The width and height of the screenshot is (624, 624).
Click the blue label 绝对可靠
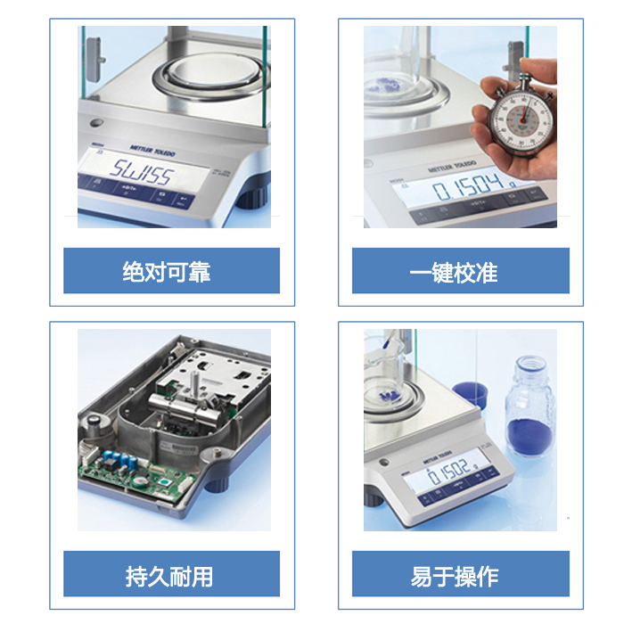coord(171,271)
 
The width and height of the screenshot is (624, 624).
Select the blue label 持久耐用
coord(171,574)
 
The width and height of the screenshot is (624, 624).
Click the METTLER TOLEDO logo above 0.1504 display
coord(452,167)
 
